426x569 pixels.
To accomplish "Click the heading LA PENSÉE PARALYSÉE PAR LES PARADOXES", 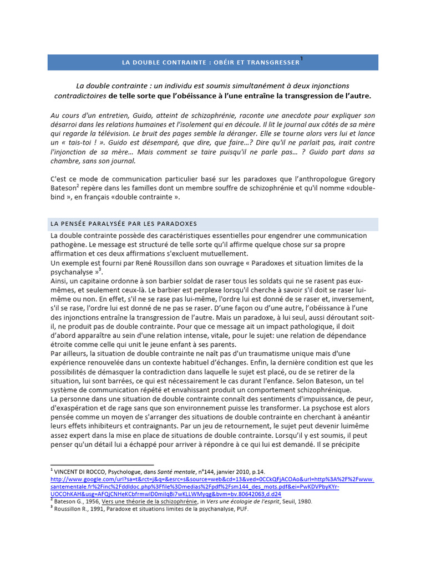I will [x=124, y=223].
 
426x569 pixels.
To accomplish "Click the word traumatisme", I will [x=283, y=353].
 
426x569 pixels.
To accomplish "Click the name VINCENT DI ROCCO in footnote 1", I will [x=83, y=471].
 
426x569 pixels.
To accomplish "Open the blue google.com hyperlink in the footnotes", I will [x=212, y=479].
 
